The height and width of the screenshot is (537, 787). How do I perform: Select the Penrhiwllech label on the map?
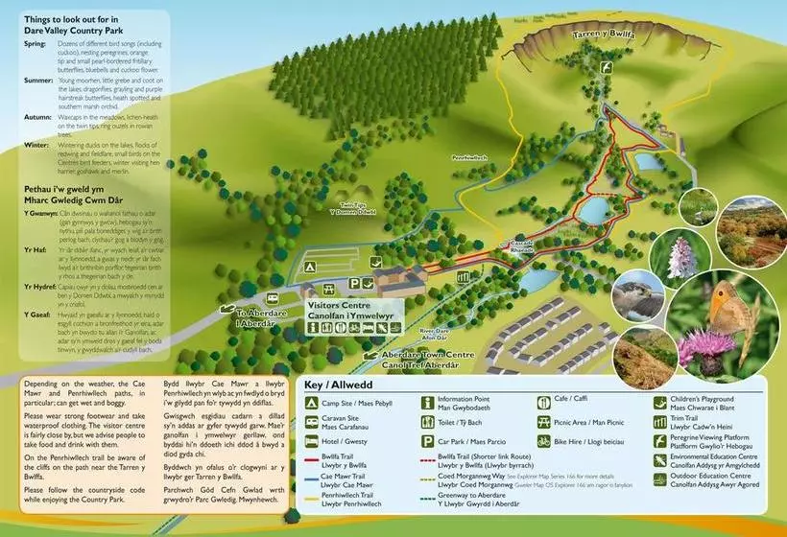(x=472, y=157)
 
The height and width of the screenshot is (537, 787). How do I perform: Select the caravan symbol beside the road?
(x=273, y=299)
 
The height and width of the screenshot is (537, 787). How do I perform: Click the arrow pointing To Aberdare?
(x=233, y=310)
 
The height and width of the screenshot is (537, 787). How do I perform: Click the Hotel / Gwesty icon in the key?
(x=312, y=442)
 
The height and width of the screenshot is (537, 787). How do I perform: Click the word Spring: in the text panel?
(x=36, y=44)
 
